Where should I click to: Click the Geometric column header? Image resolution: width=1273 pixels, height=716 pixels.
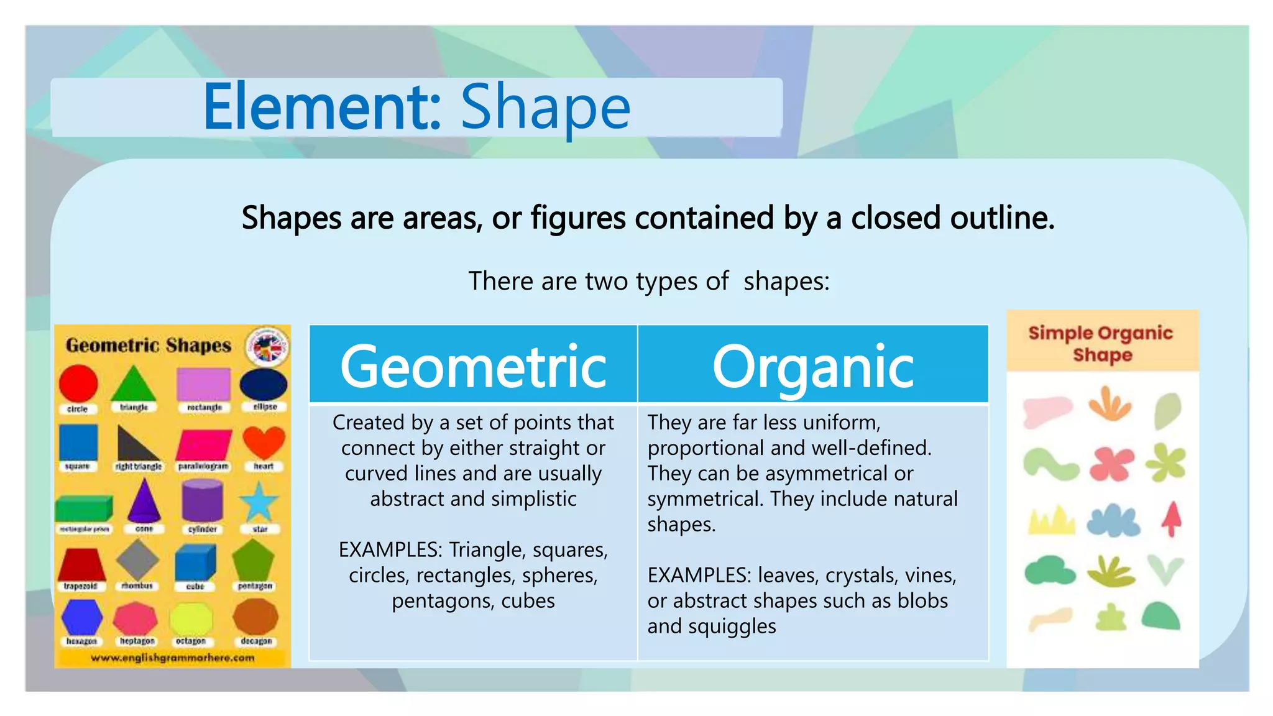473,367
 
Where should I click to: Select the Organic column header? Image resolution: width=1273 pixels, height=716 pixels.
812,367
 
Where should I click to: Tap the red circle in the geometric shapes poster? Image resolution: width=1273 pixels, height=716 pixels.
78,383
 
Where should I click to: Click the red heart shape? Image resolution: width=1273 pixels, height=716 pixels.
264,442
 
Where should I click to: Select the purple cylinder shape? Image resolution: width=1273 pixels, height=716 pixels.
202,501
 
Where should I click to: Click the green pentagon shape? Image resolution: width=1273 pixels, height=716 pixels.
253,560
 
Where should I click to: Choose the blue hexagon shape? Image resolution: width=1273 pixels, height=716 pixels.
82,617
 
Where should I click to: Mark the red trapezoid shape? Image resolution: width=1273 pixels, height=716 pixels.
81,564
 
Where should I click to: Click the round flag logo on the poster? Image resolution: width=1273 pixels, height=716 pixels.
267,346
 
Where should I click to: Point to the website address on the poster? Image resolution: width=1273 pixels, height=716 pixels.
172,658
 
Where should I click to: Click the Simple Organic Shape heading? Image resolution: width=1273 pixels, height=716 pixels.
1101,343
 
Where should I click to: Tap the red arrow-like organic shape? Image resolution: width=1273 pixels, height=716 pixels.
1172,518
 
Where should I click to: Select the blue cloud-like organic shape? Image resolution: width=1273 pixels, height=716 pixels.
1113,521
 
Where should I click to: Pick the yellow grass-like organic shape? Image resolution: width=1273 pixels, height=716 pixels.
1050,521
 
